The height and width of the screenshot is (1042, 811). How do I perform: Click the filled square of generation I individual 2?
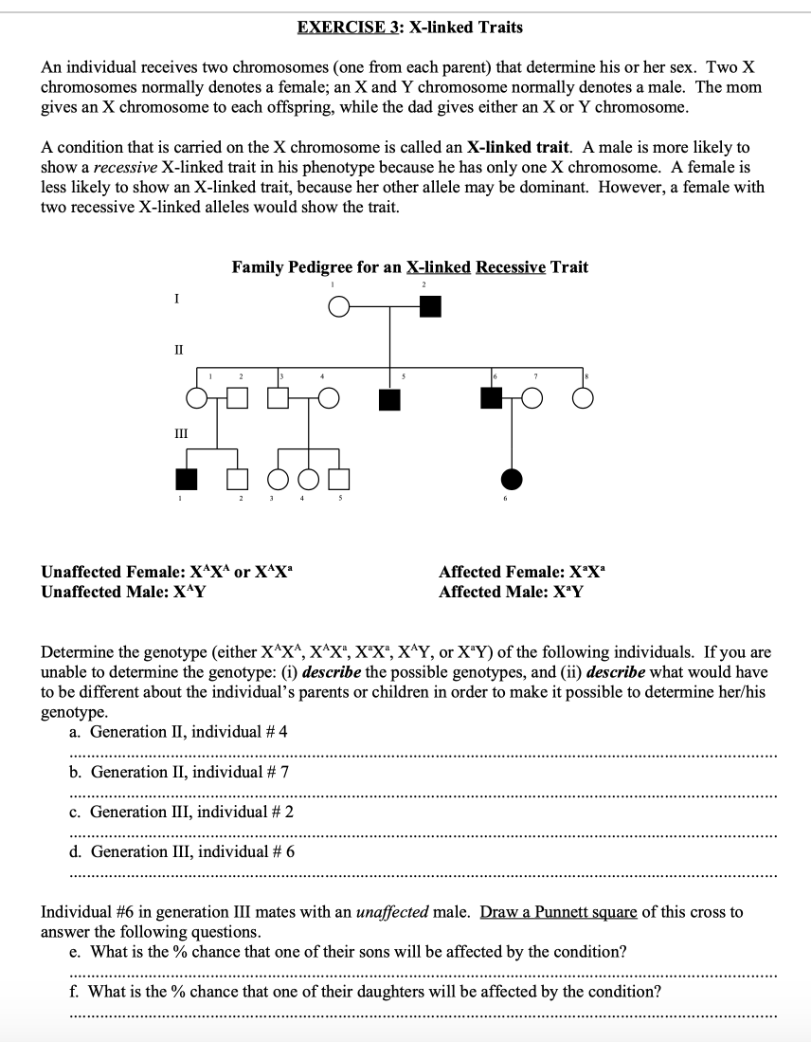click(x=431, y=306)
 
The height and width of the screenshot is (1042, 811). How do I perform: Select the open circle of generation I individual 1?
click(x=336, y=307)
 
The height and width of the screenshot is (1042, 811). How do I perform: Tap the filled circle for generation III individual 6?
click(x=512, y=480)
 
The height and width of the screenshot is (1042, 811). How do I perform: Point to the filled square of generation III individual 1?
click(x=188, y=480)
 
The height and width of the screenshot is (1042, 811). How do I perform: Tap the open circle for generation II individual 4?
click(x=329, y=399)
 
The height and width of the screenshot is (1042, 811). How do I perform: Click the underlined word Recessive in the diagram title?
click(x=510, y=267)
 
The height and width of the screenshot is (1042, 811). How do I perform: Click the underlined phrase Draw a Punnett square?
click(x=559, y=912)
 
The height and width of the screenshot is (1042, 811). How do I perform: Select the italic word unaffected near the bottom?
click(x=391, y=912)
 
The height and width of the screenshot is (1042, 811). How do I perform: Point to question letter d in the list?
click(x=75, y=851)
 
